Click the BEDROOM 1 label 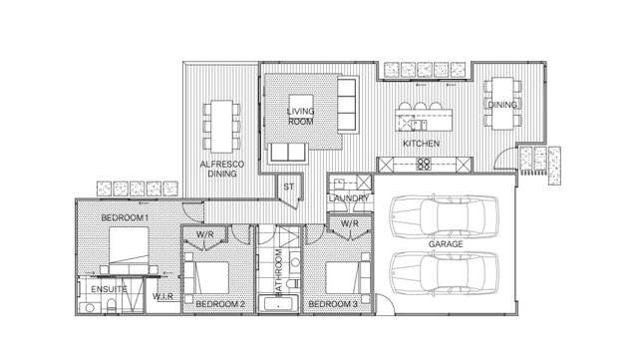125,216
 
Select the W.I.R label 162,296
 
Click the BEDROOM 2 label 220,303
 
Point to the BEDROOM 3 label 333,303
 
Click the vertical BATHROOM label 280,270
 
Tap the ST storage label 288,185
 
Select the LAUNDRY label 349,198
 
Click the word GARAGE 445,243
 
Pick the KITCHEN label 421,144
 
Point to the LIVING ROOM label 301,116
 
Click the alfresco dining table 220,121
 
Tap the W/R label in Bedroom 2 204,235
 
